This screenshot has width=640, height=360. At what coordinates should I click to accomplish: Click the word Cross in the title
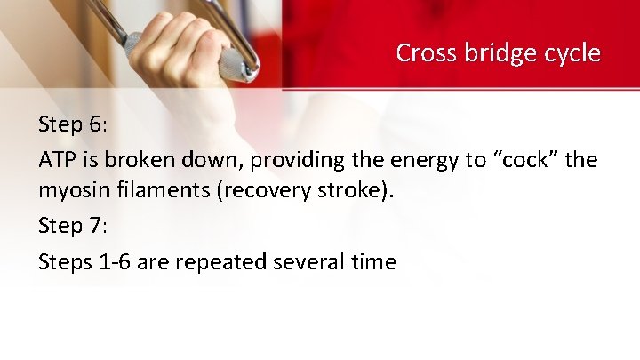425,53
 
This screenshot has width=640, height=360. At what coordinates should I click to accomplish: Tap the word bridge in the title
492,53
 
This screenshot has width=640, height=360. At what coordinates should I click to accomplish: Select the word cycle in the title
569,53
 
